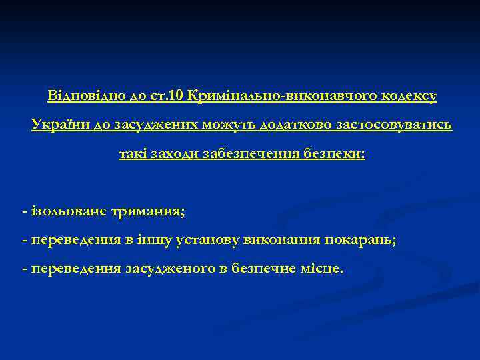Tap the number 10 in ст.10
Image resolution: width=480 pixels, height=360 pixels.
(177, 96)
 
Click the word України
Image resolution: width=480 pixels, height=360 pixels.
(55, 125)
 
